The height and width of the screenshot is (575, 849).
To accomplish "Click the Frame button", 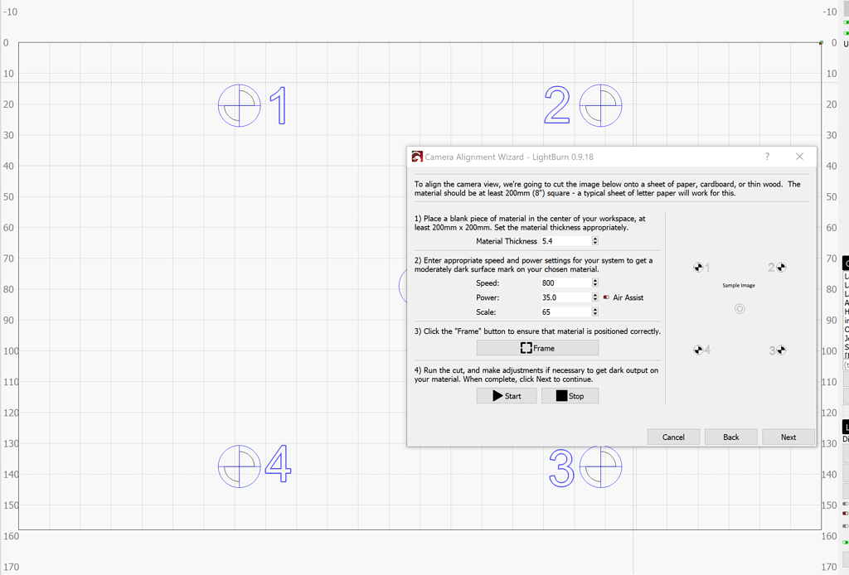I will (537, 348).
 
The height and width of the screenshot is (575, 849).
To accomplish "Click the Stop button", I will (570, 396).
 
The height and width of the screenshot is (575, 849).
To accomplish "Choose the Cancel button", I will (673, 437).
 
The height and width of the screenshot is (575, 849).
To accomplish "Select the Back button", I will (730, 437).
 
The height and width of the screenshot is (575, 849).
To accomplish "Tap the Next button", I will (788, 437).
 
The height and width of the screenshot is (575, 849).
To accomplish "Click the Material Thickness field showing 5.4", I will (565, 241).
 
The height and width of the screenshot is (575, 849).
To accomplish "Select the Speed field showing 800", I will (565, 283).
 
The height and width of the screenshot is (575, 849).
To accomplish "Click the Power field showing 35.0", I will (565, 297).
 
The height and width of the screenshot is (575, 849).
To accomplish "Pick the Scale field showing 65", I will (565, 312).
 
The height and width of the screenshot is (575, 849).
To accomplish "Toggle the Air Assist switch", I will (606, 297).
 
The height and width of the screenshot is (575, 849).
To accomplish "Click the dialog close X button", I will (799, 157).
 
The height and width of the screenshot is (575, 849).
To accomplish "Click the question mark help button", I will (767, 157).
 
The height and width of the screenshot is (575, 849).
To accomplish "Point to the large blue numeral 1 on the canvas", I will (279, 106).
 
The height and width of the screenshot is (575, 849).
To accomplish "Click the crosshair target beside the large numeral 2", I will (600, 106).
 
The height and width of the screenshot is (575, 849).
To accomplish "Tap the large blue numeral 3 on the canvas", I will (561, 467).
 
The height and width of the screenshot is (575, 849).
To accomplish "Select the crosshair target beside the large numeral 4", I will (240, 466).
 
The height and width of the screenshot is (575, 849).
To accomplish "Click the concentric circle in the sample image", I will (740, 309).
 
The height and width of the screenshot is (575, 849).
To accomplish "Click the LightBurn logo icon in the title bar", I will (417, 157).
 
